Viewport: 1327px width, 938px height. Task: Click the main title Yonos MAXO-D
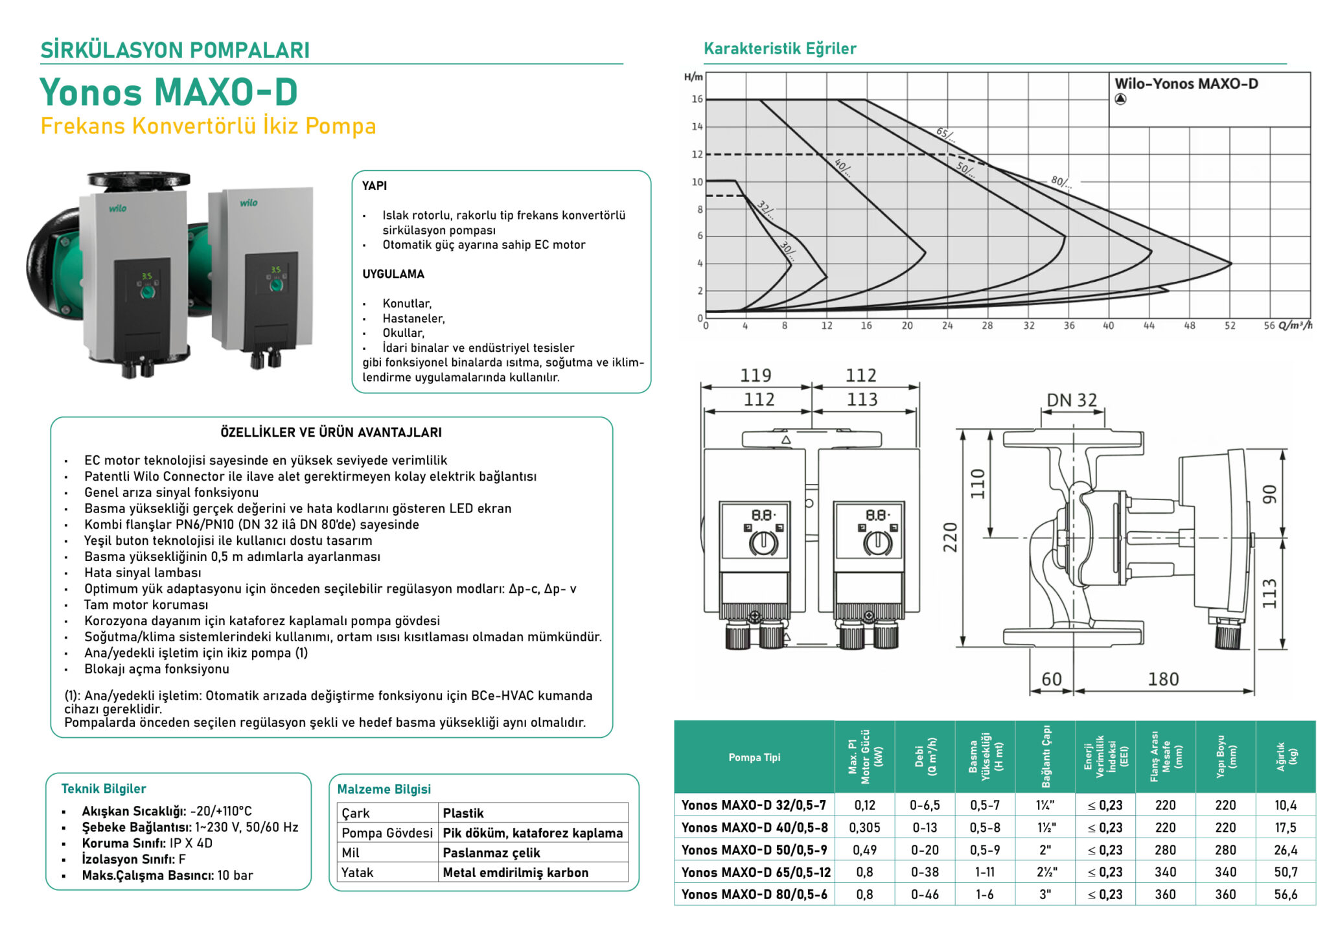[168, 92]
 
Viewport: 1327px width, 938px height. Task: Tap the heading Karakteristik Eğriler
[779, 49]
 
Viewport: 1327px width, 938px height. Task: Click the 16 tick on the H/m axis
[697, 99]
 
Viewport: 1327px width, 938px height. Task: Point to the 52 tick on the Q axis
[1229, 326]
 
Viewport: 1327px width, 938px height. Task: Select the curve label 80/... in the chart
[1061, 181]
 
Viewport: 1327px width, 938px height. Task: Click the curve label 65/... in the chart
[945, 135]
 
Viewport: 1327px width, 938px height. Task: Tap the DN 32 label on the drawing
[1072, 400]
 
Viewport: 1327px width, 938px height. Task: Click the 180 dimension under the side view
[1163, 679]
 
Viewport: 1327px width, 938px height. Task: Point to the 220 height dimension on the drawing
[950, 537]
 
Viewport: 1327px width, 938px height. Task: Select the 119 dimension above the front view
[756, 375]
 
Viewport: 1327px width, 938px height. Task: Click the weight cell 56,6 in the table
[1286, 895]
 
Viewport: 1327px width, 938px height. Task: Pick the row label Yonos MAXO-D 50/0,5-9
[754, 850]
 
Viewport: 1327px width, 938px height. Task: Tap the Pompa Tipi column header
[754, 757]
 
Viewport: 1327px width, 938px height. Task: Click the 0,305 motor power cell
[864, 828]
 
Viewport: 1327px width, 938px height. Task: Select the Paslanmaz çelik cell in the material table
[491, 853]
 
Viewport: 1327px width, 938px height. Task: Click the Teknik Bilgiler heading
[104, 788]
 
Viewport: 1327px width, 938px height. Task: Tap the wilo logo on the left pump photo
[118, 209]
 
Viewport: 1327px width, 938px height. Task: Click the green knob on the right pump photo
[277, 285]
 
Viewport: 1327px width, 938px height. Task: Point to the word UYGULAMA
[393, 274]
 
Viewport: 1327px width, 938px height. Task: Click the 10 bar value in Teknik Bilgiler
[235, 875]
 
